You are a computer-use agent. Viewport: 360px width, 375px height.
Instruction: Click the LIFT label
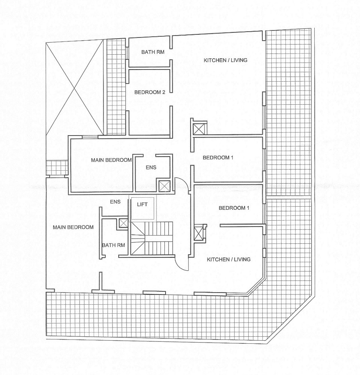pyautogui.click(x=142, y=204)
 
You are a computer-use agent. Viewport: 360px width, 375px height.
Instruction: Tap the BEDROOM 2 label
pyautogui.click(x=150, y=92)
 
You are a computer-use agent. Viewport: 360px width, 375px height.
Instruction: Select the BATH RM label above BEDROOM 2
pyautogui.click(x=153, y=52)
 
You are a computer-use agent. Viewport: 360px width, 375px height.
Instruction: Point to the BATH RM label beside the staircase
pyautogui.click(x=113, y=245)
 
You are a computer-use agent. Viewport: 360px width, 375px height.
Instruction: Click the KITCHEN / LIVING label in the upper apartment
pyautogui.click(x=225, y=60)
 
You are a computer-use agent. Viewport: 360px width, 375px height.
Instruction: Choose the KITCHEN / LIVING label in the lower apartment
pyautogui.click(x=228, y=259)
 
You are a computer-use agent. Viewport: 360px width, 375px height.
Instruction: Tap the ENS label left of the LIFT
pyautogui.click(x=115, y=202)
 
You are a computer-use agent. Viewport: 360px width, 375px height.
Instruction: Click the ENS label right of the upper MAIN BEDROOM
pyautogui.click(x=151, y=168)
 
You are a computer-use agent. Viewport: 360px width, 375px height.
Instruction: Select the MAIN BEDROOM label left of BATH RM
pyautogui.click(x=73, y=227)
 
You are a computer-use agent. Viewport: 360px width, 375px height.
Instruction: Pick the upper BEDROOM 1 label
pyautogui.click(x=218, y=157)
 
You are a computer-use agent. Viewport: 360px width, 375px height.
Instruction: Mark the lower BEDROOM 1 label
pyautogui.click(x=234, y=208)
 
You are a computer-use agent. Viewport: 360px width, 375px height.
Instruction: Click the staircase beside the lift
pyautogui.click(x=151, y=238)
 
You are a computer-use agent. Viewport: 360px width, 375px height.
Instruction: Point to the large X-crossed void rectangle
pyautogui.click(x=75, y=88)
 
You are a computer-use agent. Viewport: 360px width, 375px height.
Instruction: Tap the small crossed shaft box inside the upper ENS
pyautogui.click(x=164, y=186)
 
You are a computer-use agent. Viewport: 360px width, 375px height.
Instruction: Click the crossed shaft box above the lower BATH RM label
pyautogui.click(x=123, y=223)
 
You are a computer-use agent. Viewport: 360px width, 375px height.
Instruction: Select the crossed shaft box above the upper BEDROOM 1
pyautogui.click(x=199, y=129)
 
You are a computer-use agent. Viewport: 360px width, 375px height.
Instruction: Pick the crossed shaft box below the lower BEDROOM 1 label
pyautogui.click(x=198, y=234)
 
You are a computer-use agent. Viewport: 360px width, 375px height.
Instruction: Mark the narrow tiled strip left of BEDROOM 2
pyautogui.click(x=116, y=87)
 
